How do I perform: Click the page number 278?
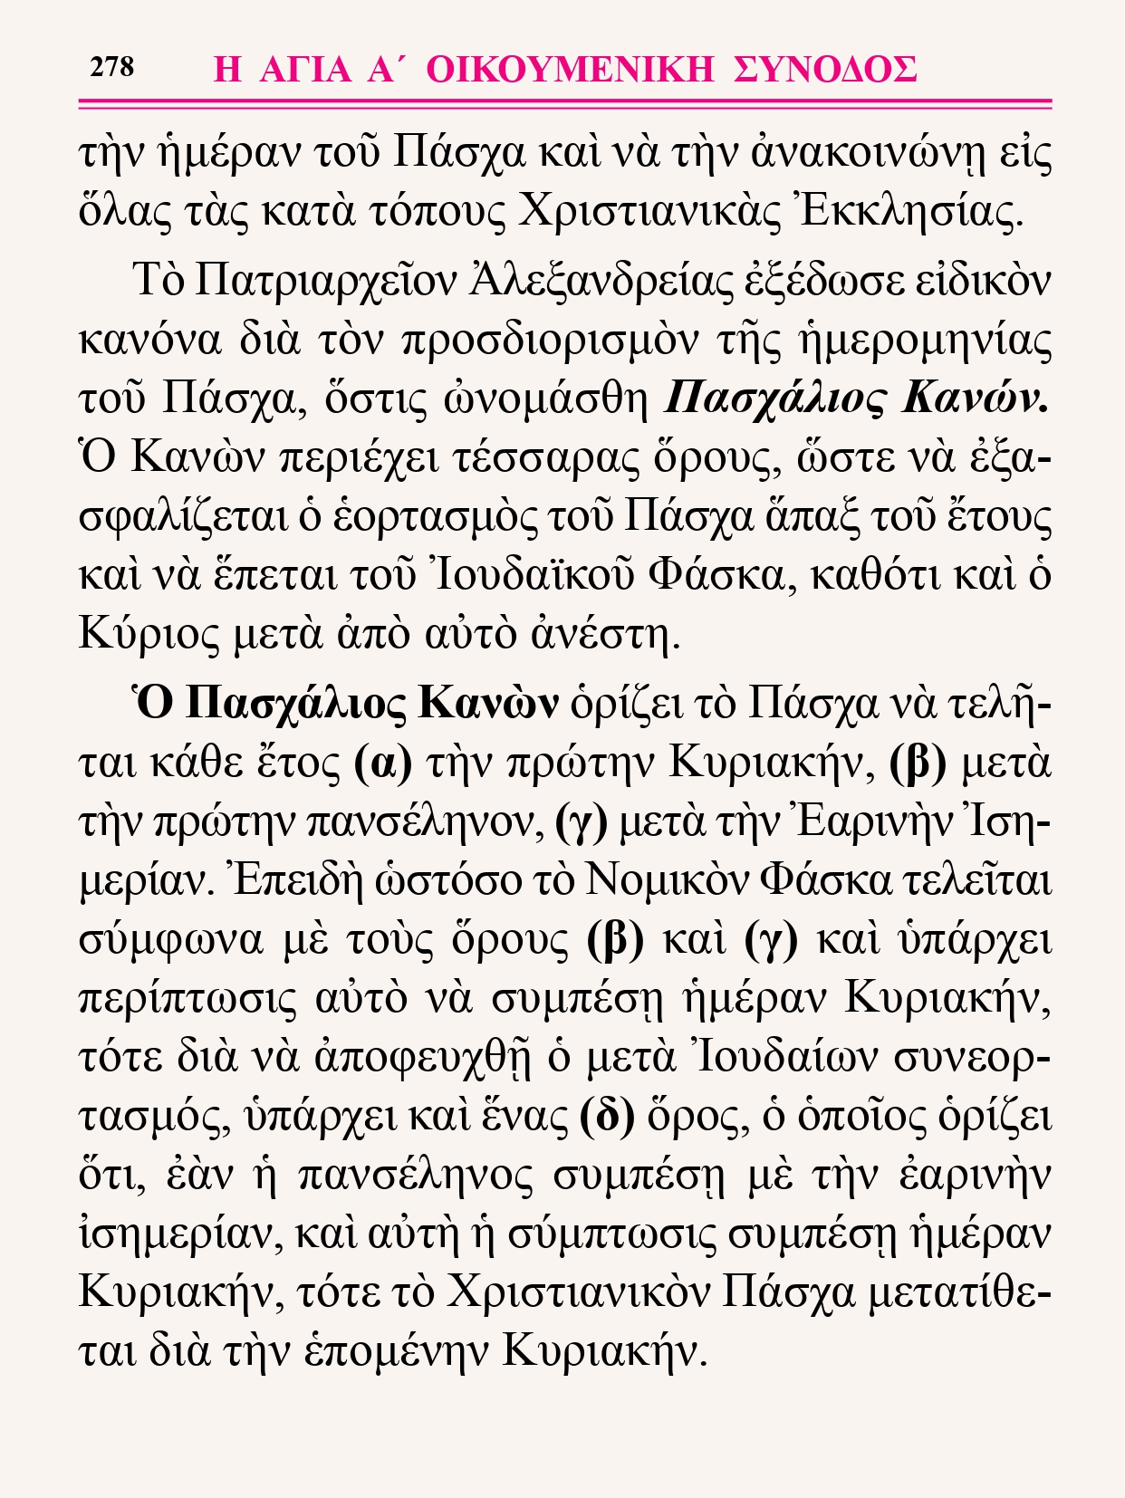pos(112,67)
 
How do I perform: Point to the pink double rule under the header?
pos(564,105)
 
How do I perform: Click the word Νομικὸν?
pos(666,880)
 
